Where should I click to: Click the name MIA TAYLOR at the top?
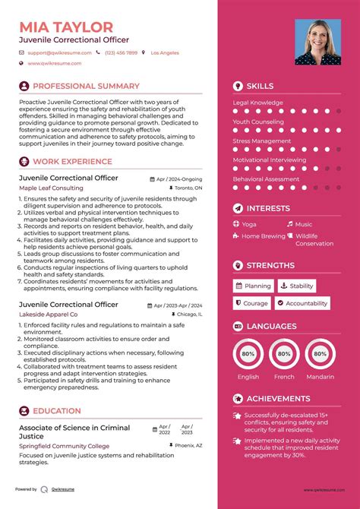[x=66, y=27]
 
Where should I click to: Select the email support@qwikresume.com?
[x=60, y=53]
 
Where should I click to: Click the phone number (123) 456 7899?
[x=122, y=53]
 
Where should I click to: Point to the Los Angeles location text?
[x=165, y=53]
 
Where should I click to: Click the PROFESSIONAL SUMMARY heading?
[x=86, y=87]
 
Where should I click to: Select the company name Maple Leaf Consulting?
[x=52, y=188]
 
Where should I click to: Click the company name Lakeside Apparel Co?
[x=49, y=314]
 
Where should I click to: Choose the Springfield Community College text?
[x=63, y=446]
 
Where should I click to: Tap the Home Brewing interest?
[x=263, y=236]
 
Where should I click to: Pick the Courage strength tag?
[x=251, y=303]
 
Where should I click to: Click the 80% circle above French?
[x=284, y=353]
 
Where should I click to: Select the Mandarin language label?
[x=320, y=376]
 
